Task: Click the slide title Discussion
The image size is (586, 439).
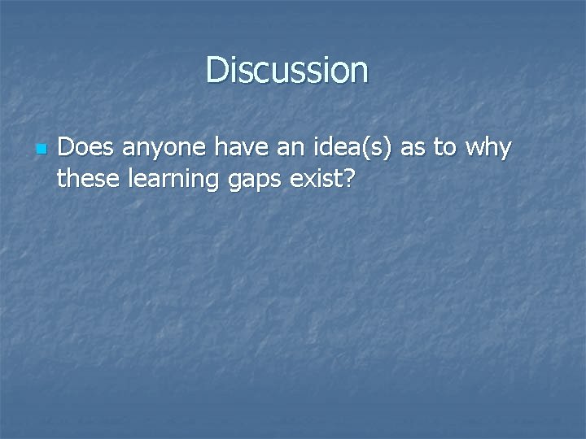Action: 287,70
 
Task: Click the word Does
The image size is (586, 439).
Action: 82,148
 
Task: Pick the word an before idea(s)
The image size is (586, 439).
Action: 281,150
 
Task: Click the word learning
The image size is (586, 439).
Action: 168,178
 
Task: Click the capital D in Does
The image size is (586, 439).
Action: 67,148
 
